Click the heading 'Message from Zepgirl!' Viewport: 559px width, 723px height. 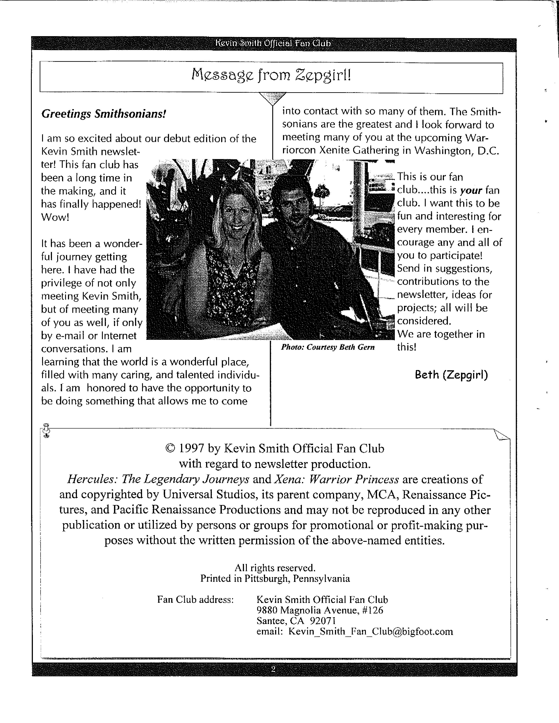coord(271,76)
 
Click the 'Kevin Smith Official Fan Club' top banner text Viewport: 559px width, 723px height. coord(273,43)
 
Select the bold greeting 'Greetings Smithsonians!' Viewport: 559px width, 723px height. coord(103,114)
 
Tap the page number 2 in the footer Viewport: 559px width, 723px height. coord(273,669)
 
